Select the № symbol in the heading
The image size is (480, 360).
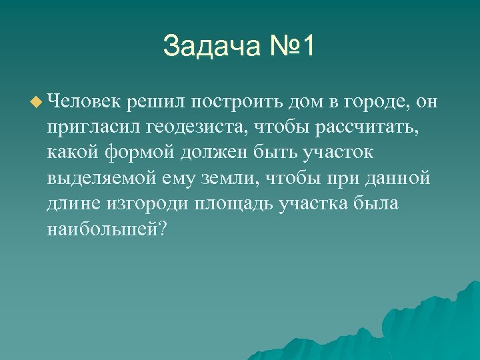279,47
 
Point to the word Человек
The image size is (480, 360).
84,101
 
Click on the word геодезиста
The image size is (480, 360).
199,127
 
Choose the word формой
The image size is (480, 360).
141,153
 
